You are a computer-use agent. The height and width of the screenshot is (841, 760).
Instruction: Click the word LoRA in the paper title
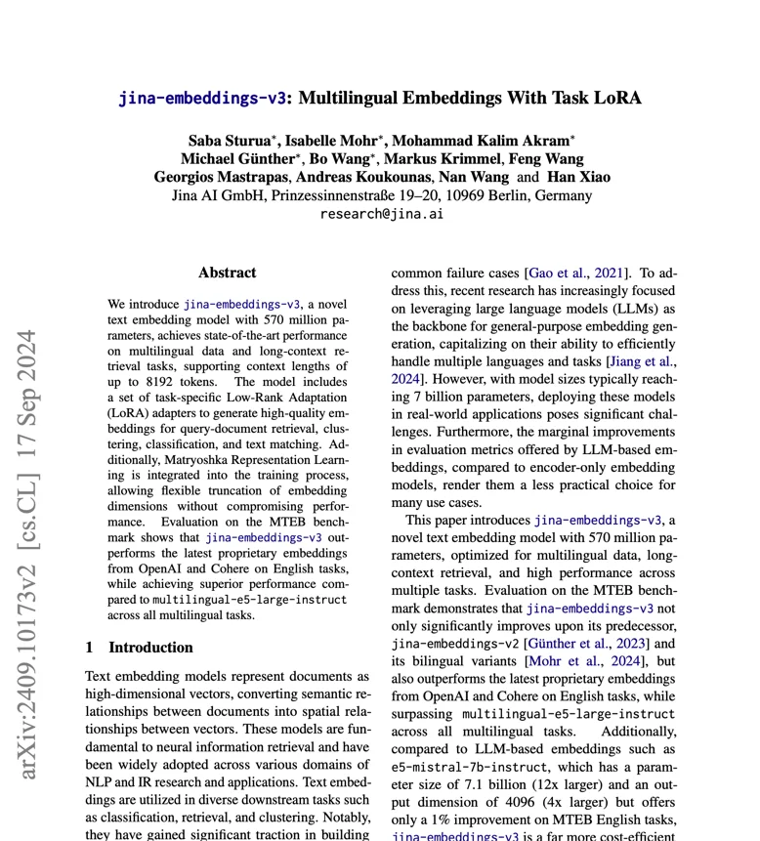pyautogui.click(x=617, y=98)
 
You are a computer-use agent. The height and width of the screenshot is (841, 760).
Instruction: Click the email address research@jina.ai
pyautogui.click(x=381, y=213)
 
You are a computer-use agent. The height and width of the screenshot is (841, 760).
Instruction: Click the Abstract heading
pyautogui.click(x=227, y=273)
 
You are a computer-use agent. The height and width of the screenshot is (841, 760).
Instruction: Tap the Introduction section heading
pyautogui.click(x=150, y=647)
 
